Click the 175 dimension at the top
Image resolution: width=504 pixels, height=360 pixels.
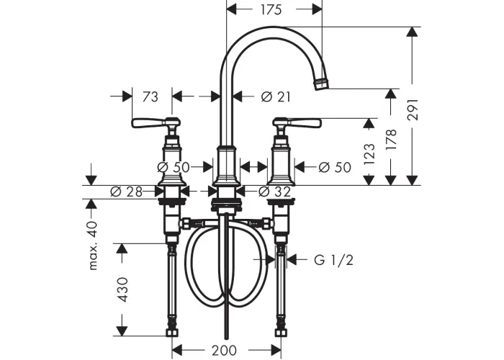(271, 9)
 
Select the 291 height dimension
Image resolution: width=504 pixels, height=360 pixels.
(413, 109)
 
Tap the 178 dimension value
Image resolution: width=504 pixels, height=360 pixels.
(391, 140)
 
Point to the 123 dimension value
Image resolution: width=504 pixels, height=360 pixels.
(369, 154)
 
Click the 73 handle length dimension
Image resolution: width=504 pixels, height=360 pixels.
(150, 96)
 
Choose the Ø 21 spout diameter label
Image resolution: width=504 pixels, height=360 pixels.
(276, 96)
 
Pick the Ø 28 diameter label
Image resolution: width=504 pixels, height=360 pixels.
(126, 192)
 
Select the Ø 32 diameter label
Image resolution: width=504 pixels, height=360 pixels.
(274, 192)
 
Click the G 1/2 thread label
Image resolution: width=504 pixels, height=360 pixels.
(333, 260)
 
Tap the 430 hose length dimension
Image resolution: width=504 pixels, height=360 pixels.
(124, 289)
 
